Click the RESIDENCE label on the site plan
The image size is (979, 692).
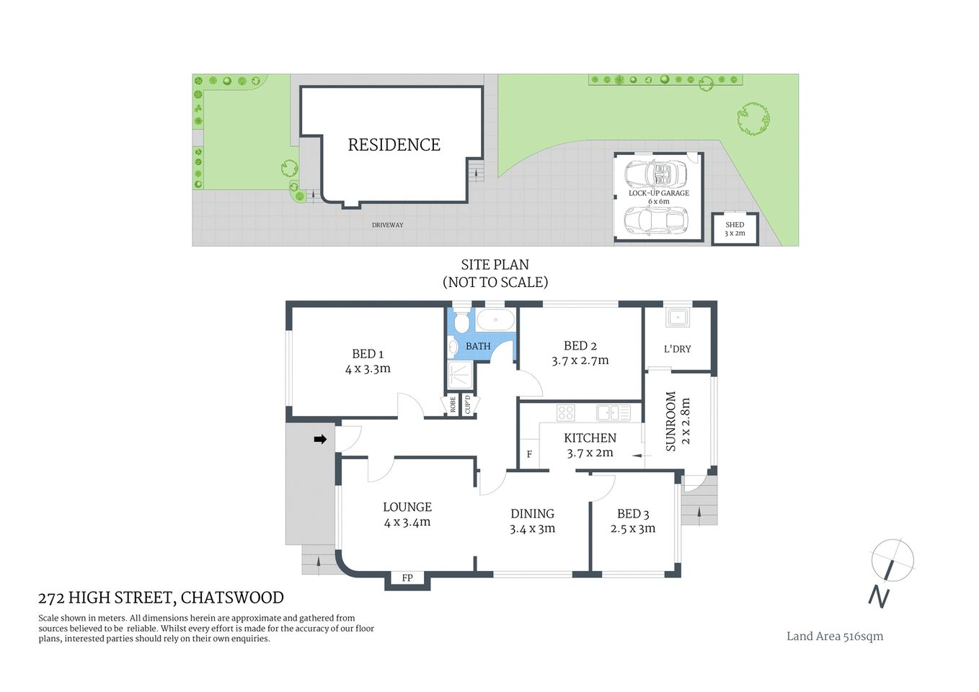394,145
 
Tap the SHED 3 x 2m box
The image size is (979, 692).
735,229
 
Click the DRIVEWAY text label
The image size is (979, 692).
387,225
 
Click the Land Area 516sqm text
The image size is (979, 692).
834,636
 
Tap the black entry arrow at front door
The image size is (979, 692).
320,439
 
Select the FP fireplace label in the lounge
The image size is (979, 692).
407,577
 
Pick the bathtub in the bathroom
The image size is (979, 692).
495,319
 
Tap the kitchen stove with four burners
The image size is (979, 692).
566,412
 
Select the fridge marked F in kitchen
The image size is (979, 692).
529,454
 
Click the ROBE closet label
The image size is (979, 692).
453,405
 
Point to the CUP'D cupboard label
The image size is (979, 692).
467,405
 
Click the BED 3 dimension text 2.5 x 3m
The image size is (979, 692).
632,528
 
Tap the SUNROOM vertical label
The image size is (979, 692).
670,422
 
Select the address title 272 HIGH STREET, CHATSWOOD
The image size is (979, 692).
161,598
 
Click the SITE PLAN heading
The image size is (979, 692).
495,265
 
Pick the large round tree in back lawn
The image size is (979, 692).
753,118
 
